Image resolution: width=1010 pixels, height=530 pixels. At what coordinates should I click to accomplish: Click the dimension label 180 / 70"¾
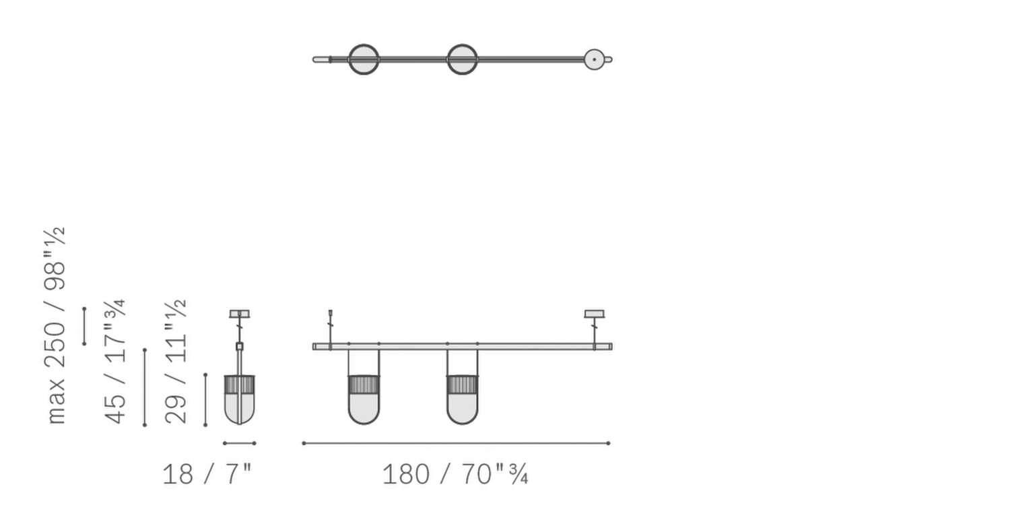point(455,475)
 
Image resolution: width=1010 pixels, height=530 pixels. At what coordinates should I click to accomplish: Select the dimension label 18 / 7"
point(207,475)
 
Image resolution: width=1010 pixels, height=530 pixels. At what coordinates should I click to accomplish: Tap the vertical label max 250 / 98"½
point(55,326)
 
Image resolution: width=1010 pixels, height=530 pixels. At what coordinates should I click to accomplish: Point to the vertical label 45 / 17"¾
point(114,362)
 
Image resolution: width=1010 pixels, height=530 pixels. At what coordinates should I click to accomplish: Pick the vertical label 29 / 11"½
point(176,362)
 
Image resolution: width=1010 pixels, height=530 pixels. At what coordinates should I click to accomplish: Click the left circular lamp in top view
point(364,59)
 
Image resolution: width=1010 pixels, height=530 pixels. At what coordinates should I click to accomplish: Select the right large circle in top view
point(462,59)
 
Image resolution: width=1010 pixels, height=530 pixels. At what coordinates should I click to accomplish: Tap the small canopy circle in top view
point(595,59)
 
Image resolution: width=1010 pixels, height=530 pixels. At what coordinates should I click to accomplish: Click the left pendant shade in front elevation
point(364,399)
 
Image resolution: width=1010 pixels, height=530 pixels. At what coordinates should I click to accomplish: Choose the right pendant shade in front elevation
point(462,399)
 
